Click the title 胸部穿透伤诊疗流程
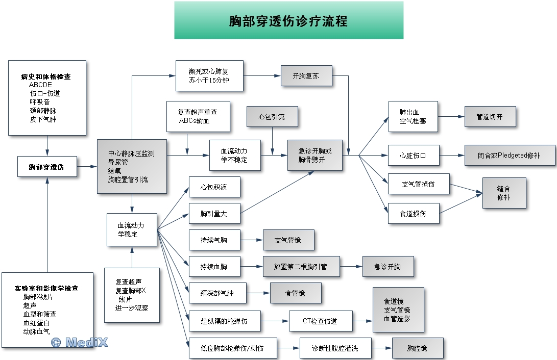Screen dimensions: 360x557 288,21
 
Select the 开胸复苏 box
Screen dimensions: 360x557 306,76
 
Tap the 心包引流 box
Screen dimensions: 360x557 272,117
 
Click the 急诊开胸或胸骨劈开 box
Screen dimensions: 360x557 314,155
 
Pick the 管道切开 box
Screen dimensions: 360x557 490,117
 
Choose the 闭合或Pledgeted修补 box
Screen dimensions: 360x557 510,155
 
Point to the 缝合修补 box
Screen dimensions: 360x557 504,193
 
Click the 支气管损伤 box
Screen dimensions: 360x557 418,184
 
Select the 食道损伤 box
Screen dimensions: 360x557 413,214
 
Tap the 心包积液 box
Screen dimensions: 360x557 214,187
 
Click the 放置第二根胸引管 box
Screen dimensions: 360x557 300,266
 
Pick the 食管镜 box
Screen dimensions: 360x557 296,293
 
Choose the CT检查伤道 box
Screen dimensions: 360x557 320,321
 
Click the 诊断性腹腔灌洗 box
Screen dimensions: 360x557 335,348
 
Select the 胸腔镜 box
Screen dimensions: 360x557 417,348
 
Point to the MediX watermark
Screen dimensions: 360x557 80,342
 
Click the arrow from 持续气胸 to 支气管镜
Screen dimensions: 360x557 251,240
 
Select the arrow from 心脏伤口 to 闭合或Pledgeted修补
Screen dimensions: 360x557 452,155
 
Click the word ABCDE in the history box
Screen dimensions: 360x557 40,85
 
